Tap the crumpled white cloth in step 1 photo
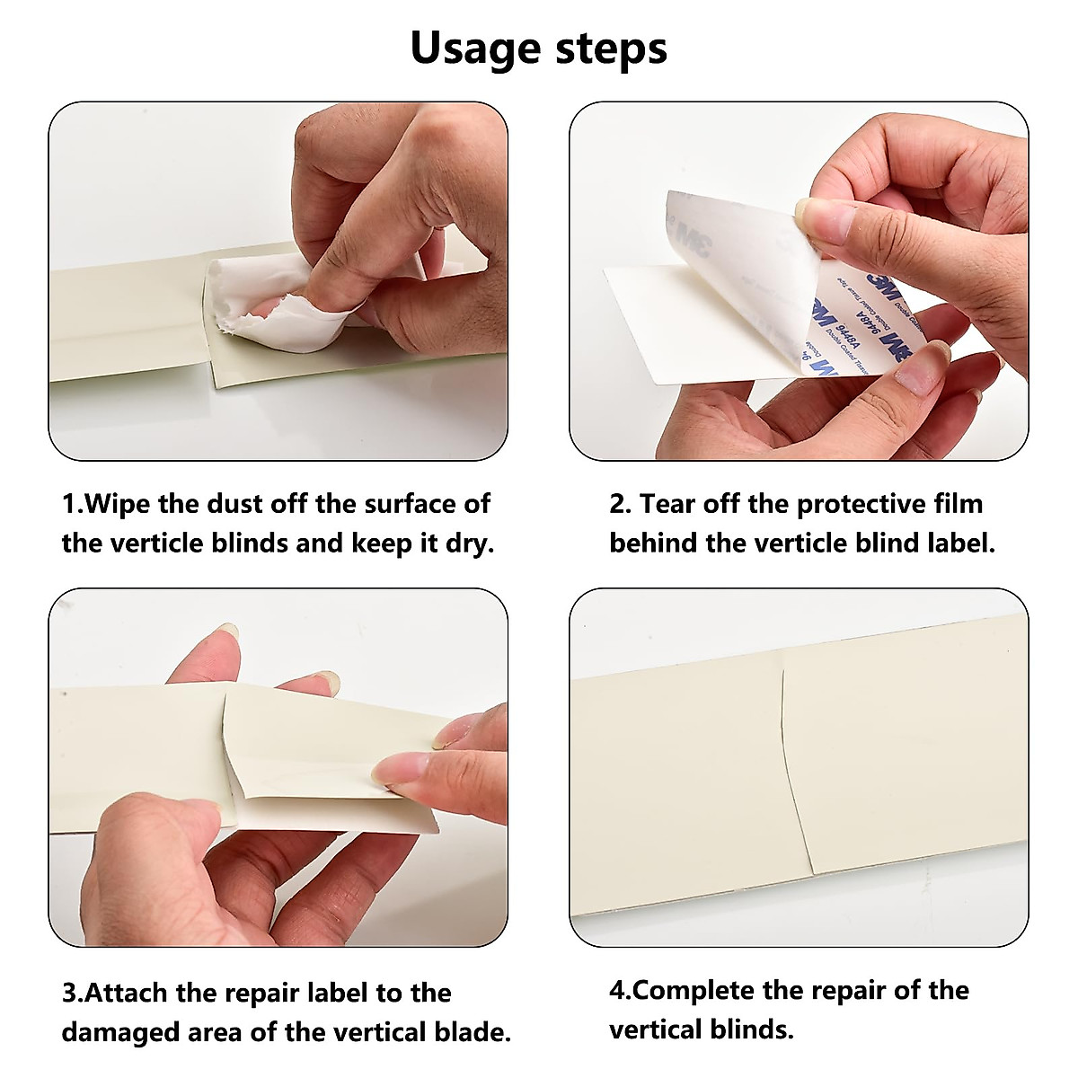(269, 292)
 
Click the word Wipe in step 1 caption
(118, 504)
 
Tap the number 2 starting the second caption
(619, 504)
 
